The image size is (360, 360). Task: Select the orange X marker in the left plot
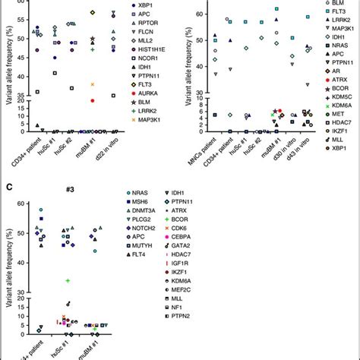pos(92,84)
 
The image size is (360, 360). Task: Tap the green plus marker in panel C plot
pos(67,280)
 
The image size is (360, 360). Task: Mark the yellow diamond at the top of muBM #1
pos(92,13)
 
